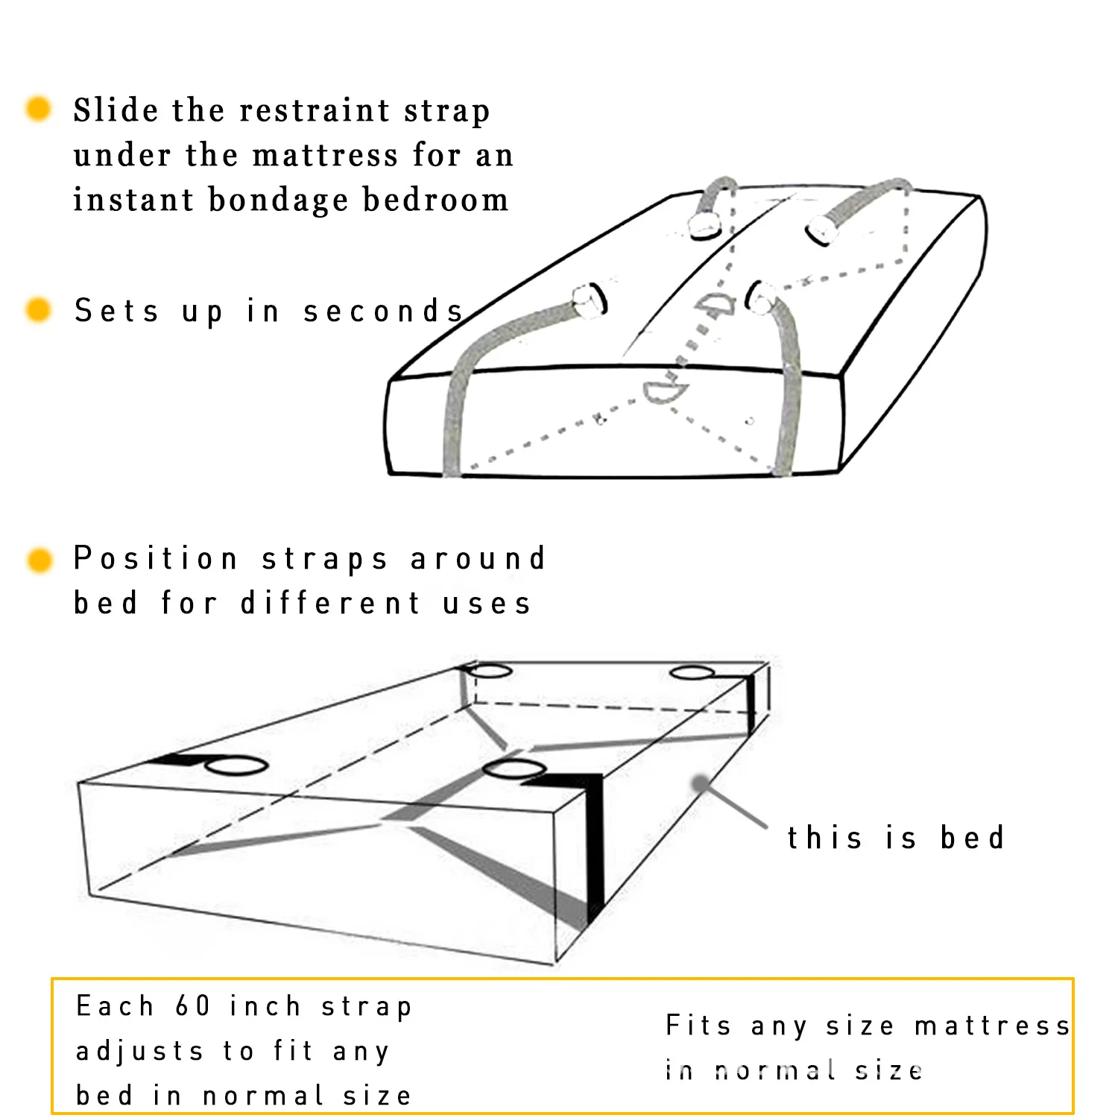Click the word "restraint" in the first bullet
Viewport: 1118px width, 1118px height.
[x=315, y=110]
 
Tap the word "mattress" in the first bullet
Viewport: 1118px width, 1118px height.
[x=325, y=155]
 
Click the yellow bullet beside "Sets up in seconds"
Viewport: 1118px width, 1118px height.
[x=38, y=309]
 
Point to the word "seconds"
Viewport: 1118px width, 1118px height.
[x=383, y=311]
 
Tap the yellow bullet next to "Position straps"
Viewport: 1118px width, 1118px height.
[x=40, y=560]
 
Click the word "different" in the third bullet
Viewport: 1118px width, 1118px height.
[x=330, y=603]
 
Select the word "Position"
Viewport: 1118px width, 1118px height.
[x=156, y=558]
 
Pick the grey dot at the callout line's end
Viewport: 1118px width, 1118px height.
[x=700, y=783]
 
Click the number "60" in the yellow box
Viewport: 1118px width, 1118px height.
[x=193, y=1006]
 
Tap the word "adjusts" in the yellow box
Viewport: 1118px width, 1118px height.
[x=139, y=1051]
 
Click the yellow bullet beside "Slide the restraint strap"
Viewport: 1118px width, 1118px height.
[x=38, y=109]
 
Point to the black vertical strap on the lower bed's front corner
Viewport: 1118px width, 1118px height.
[x=594, y=850]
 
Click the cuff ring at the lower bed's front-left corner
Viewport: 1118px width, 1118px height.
[x=236, y=765]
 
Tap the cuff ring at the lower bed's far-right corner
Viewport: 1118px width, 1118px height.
[x=692, y=673]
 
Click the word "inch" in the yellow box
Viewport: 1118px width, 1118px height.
[x=265, y=1006]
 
